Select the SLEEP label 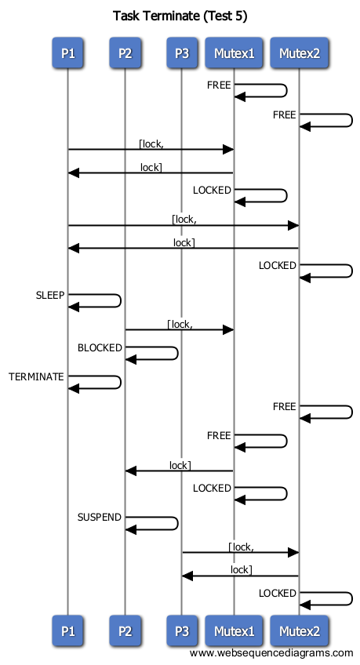50,295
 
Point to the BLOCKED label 100,347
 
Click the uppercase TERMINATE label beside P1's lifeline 36,376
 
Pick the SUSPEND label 100,518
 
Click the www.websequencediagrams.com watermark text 271,653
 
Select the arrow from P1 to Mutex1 151,149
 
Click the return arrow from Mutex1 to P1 151,173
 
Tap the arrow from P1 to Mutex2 184,226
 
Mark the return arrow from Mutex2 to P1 184,248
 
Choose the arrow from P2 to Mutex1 180,329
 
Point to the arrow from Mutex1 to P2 180,471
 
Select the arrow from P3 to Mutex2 241,552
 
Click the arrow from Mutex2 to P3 241,576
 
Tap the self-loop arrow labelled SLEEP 121,300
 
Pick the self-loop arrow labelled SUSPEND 178,523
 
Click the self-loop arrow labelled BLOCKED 178,353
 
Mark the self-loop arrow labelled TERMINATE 121,382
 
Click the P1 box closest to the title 68,53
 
